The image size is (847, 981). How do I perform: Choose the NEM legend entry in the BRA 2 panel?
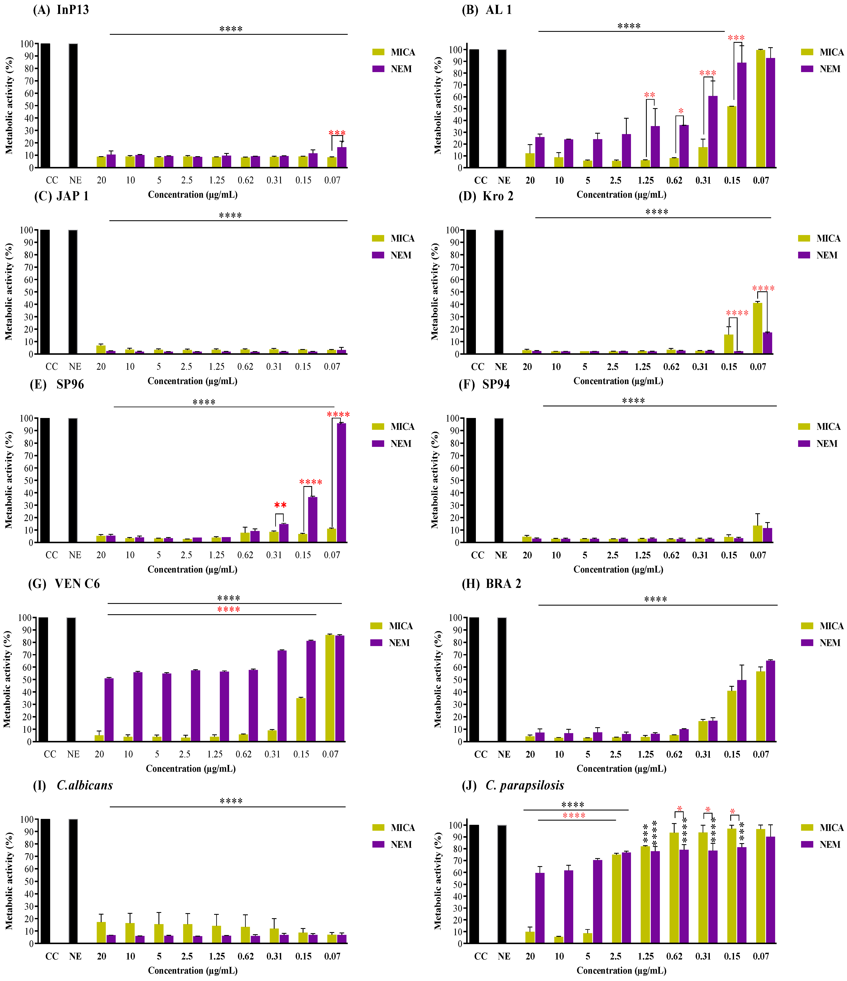tap(821, 642)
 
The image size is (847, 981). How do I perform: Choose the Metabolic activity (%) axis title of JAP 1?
tap(8, 292)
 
